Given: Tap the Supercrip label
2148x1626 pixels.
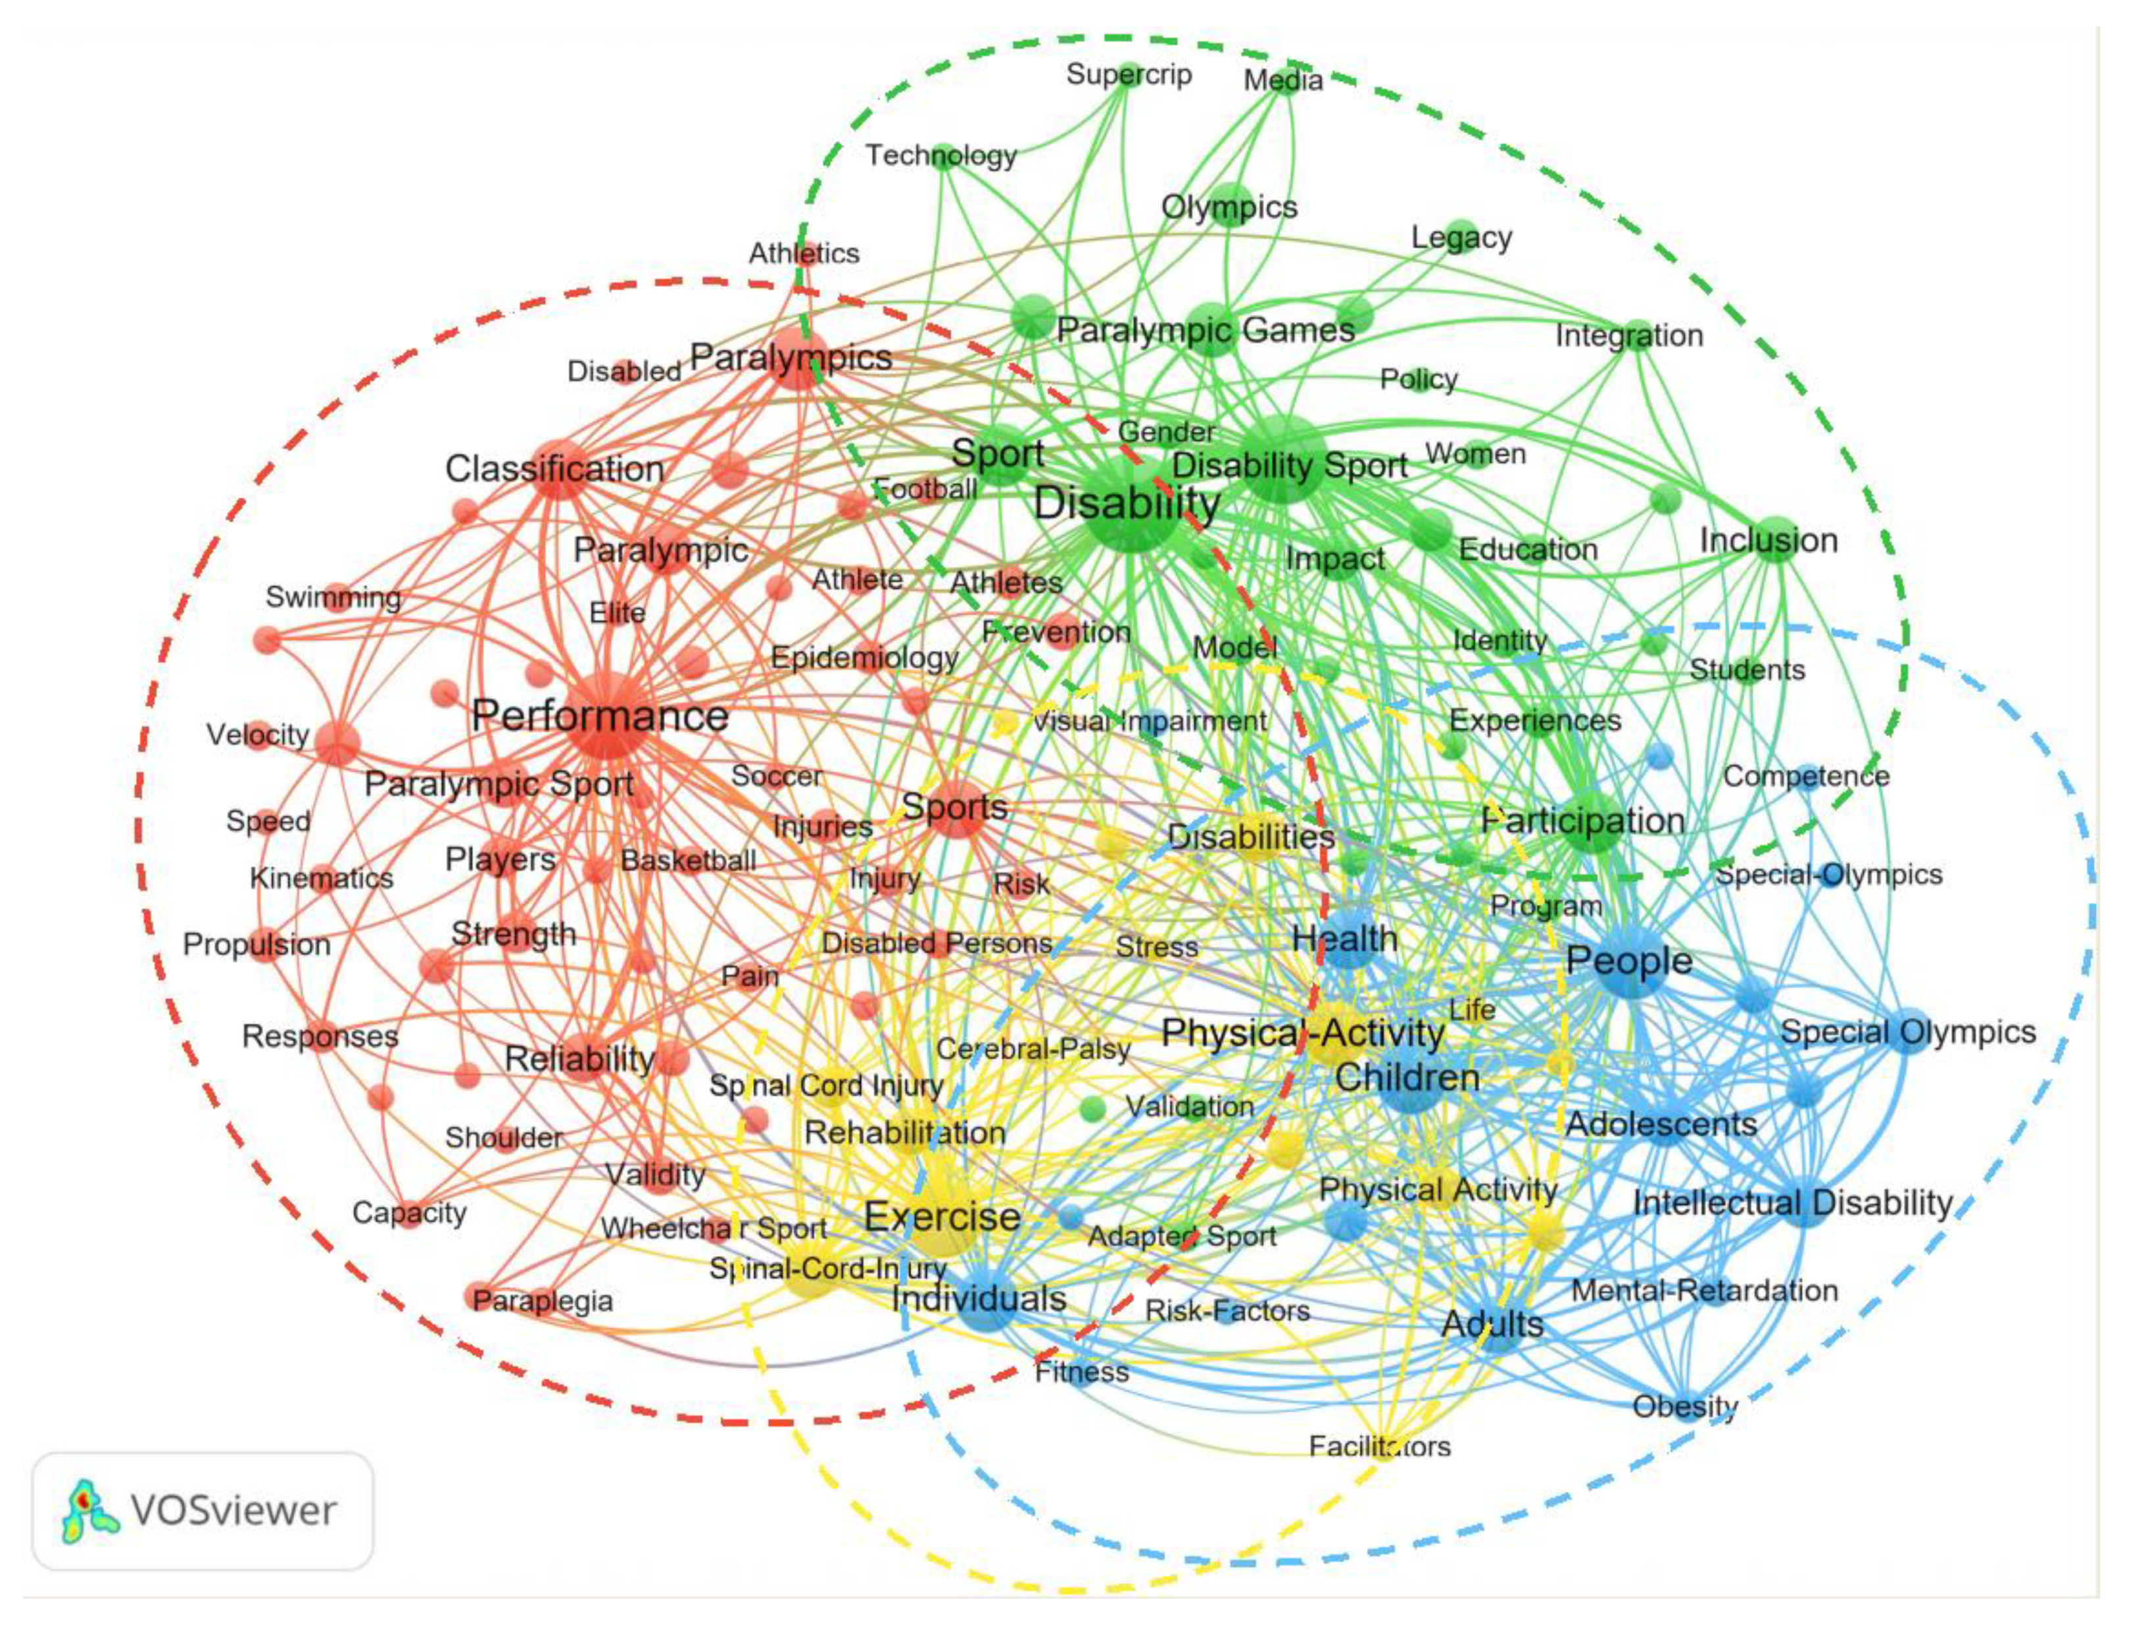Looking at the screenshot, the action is [1129, 75].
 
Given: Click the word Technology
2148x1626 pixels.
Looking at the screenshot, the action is [940, 155].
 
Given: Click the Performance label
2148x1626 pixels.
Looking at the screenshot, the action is [599, 717].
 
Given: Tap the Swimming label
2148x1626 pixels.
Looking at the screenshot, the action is [333, 597].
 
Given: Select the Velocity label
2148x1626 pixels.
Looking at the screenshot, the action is [257, 734].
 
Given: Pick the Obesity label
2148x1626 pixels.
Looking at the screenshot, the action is [1685, 1406].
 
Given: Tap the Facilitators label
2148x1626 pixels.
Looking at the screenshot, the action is [1379, 1446].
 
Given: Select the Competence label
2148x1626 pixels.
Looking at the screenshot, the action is [1805, 776].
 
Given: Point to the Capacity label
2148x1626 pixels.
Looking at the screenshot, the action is [409, 1212].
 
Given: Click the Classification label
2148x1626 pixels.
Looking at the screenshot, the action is [554, 469].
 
